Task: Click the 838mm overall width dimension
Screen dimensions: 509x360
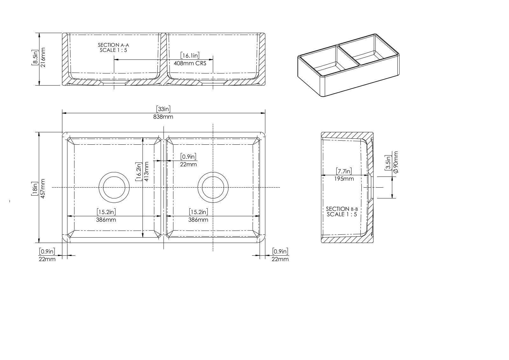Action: pyautogui.click(x=163, y=117)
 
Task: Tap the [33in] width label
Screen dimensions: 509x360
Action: pyautogui.click(x=163, y=109)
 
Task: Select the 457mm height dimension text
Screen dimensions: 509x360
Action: pyautogui.click(x=43, y=189)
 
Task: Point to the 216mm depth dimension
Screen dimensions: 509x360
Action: pyautogui.click(x=43, y=57)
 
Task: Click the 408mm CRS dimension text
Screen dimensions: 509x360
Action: pyautogui.click(x=190, y=63)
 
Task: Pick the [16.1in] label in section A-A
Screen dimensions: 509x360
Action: pyautogui.click(x=190, y=55)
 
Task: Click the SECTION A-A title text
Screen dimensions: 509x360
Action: pyautogui.click(x=113, y=45)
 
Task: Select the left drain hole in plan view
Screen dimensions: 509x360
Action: pyautogui.click(x=114, y=187)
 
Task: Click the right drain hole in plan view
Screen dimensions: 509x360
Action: pyautogui.click(x=213, y=187)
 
